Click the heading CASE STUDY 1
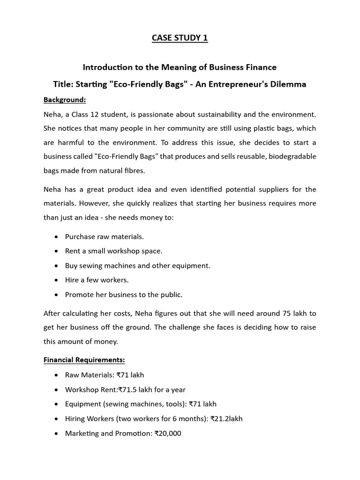pyautogui.click(x=180, y=38)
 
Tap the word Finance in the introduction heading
pyautogui.click(x=259, y=67)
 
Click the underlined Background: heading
pyautogui.click(x=65, y=100)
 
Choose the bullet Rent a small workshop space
pyautogui.click(x=113, y=251)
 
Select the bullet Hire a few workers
pyautogui.click(x=97, y=280)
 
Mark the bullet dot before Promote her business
pyautogui.click(x=56, y=295)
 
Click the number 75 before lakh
pyautogui.click(x=288, y=313)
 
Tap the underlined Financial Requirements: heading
pyautogui.click(x=84, y=360)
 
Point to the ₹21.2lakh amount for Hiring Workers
pyautogui.click(x=226, y=419)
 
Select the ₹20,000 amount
pyautogui.click(x=168, y=434)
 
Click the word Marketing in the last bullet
pyautogui.click(x=82, y=434)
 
